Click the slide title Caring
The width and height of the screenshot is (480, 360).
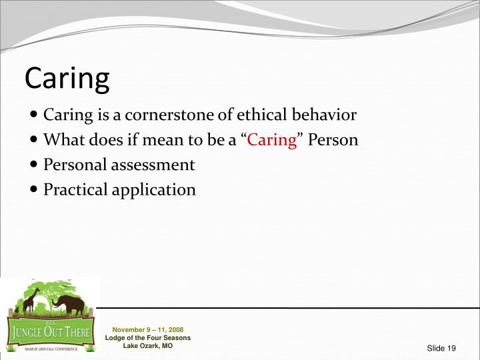67,79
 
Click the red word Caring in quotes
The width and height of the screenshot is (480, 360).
272,140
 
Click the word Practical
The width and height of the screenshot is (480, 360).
74,189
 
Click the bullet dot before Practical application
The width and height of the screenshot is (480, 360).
35,190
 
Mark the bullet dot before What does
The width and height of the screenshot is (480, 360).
35,141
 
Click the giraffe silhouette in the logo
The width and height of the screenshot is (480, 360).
30,301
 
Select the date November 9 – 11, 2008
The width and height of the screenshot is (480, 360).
147,330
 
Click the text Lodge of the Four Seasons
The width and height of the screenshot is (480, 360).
147,338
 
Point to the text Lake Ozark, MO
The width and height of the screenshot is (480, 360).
147,346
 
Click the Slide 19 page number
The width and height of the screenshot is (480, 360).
441,349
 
